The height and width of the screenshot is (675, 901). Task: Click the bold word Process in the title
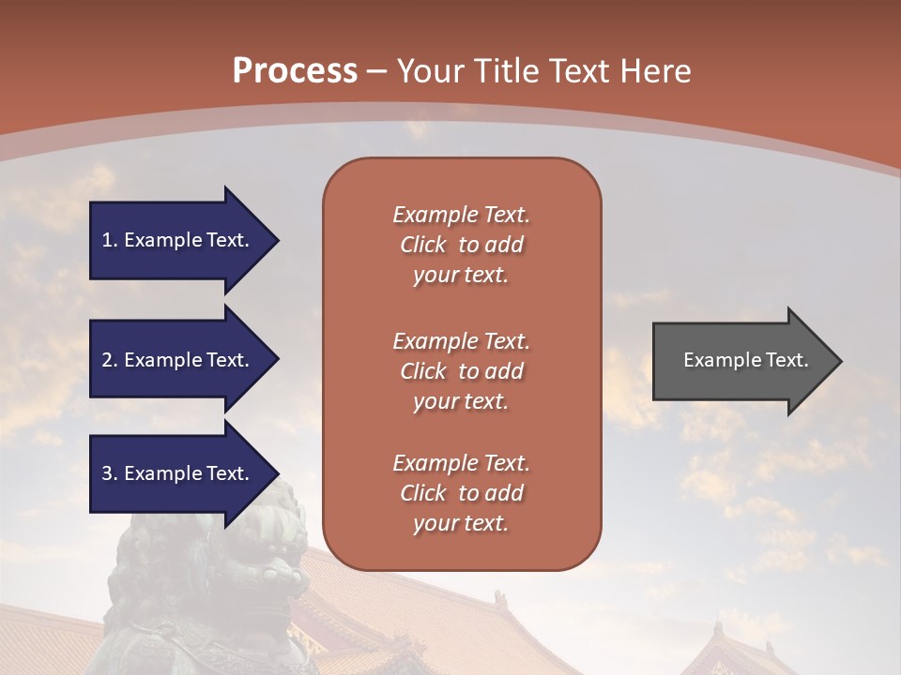(x=295, y=70)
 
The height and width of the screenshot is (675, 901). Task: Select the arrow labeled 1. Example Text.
(x=178, y=240)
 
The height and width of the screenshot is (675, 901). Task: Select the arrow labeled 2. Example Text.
(x=178, y=360)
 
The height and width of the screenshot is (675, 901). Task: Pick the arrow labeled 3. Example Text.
(x=178, y=473)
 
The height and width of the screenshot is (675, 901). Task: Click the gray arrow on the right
(x=741, y=360)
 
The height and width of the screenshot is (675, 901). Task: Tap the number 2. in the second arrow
(x=109, y=360)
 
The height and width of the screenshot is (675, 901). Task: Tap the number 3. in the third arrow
(x=109, y=473)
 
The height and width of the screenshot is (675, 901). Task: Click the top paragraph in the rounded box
(x=461, y=245)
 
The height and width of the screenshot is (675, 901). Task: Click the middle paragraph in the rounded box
(x=461, y=371)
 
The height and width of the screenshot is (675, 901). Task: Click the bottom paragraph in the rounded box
(x=461, y=493)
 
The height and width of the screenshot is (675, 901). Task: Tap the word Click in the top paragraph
(x=422, y=245)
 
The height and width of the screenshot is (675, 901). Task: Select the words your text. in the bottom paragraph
(x=461, y=523)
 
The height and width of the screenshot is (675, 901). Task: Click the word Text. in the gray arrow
(x=786, y=360)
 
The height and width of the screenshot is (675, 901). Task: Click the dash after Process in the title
(x=377, y=72)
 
